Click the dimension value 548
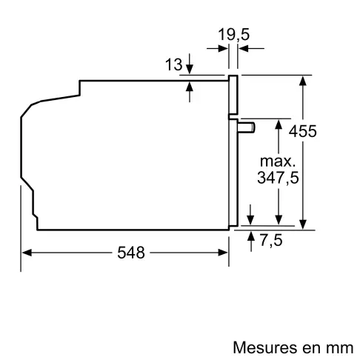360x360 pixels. click(x=131, y=253)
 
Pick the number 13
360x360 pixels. click(x=173, y=65)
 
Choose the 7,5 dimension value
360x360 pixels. click(x=271, y=239)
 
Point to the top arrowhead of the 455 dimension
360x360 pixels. click(x=303, y=79)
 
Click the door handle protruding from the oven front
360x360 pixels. click(x=247, y=127)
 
